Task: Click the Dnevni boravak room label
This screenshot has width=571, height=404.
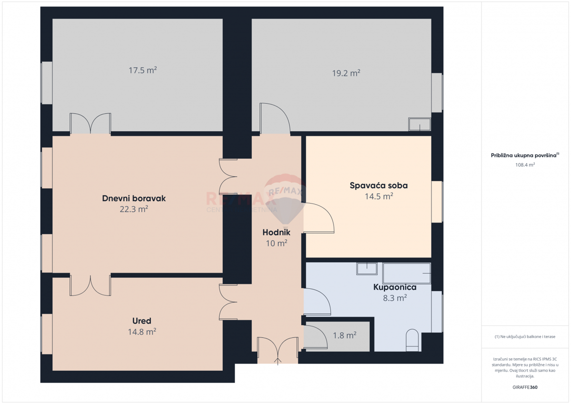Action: pyautogui.click(x=134, y=198)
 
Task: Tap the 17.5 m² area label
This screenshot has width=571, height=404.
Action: pyautogui.click(x=143, y=70)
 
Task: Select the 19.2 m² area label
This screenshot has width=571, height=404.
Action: pyautogui.click(x=346, y=73)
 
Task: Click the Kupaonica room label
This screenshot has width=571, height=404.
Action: pyautogui.click(x=394, y=287)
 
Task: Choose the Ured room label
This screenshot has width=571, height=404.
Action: pyautogui.click(x=142, y=321)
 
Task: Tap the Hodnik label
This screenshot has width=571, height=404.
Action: pyautogui.click(x=276, y=233)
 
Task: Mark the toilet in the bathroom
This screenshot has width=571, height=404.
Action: pyautogui.click(x=412, y=341)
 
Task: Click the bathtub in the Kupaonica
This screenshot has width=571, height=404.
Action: pyautogui.click(x=407, y=273)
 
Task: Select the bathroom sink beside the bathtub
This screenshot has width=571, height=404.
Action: pyautogui.click(x=366, y=269)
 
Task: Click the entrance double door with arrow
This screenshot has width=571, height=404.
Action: pyautogui.click(x=278, y=351)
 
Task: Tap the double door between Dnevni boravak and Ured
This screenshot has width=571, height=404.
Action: pyautogui.click(x=90, y=285)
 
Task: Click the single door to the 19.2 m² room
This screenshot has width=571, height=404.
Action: pyautogui.click(x=274, y=119)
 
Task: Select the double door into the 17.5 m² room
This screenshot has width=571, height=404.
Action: pyautogui.click(x=90, y=124)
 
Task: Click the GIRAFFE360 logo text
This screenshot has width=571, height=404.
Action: pyautogui.click(x=525, y=387)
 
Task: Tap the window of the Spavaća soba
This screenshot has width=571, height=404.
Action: pyautogui.click(x=437, y=202)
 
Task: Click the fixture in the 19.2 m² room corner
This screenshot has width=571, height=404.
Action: pyautogui.click(x=419, y=124)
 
